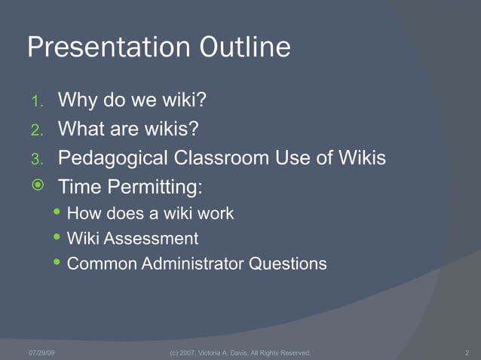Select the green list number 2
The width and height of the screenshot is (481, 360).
37,130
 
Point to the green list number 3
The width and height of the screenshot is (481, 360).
37,160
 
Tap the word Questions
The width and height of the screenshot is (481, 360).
290,264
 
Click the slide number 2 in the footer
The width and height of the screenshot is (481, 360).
467,352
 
